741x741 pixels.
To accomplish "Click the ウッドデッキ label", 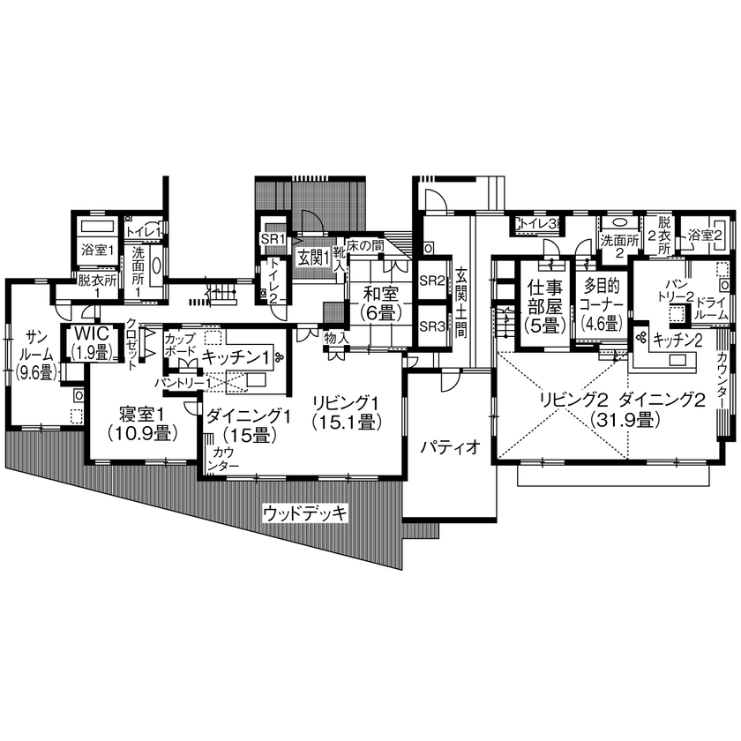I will (x=306, y=513).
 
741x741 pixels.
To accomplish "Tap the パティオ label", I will (x=449, y=446).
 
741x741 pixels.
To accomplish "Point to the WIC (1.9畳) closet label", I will (x=90, y=342).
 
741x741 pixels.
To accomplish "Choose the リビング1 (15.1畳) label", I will (x=345, y=412).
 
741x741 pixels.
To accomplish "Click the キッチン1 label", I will (x=236, y=356).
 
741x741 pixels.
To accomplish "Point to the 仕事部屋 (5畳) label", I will (x=543, y=304).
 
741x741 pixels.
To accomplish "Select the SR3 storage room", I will (x=432, y=326).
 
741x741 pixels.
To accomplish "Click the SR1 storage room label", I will (x=270, y=239).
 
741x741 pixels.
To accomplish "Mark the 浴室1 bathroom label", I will (x=95, y=251).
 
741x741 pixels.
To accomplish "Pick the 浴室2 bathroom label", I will (x=706, y=236).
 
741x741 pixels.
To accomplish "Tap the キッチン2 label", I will (x=677, y=340).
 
